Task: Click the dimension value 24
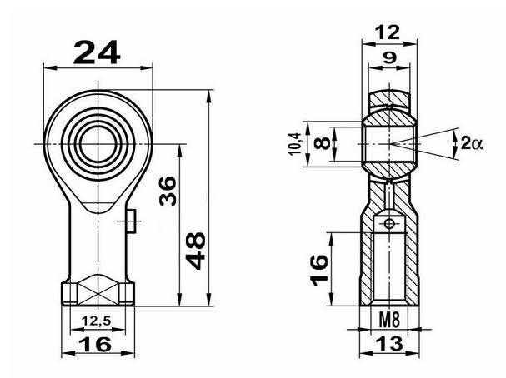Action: click(97, 52)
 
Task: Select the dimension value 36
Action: click(168, 191)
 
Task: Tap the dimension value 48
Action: click(195, 251)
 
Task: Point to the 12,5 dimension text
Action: click(96, 321)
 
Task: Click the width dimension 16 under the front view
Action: click(95, 344)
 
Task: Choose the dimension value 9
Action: click(389, 58)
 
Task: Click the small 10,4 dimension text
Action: click(295, 144)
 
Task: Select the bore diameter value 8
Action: click(322, 143)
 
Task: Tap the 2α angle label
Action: click(472, 142)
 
